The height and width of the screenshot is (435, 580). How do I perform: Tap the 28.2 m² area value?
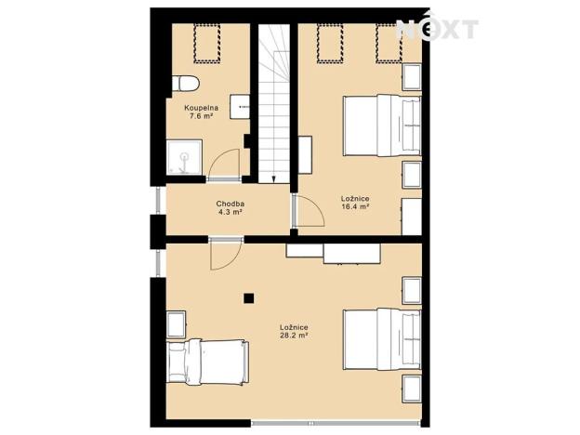coord(294,336)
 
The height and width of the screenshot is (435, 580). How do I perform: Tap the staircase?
coord(273,102)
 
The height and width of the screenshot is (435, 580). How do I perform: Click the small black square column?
coord(249,298)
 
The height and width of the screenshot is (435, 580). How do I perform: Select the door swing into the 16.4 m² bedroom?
coord(305,212)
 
